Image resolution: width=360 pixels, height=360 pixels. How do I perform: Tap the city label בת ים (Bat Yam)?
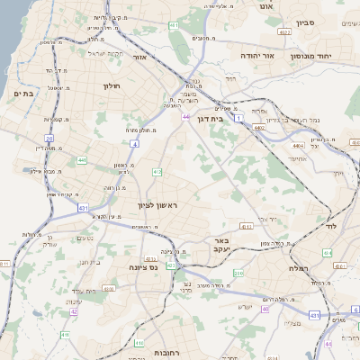point(23,93)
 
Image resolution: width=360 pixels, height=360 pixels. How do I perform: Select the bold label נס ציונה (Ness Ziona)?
point(140,266)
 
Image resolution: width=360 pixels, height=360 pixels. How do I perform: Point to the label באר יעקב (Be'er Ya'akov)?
point(221,247)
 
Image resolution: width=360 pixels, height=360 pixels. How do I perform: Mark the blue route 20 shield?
point(49,138)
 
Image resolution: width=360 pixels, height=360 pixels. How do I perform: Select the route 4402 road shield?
point(259,129)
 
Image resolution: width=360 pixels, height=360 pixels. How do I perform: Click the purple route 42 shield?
point(74,311)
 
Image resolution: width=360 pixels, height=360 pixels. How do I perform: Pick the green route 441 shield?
point(83,159)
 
